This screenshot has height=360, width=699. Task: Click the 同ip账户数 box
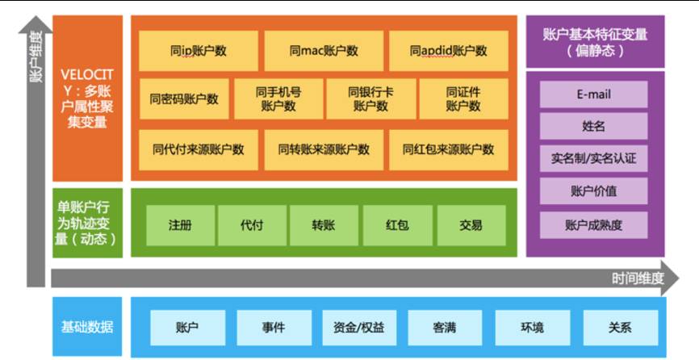[199, 51]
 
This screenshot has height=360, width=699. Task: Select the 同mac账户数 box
[324, 51]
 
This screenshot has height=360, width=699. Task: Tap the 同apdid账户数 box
[449, 51]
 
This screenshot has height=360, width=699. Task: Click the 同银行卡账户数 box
[370, 99]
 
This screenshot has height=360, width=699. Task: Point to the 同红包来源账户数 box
[449, 149]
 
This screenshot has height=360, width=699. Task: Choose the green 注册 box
[181, 225]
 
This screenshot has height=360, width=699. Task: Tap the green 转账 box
[324, 225]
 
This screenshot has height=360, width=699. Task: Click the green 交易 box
[471, 225]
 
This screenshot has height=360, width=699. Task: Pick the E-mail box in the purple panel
[594, 94]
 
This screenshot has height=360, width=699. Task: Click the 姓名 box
[594, 127]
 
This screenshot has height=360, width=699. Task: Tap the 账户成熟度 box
[594, 225]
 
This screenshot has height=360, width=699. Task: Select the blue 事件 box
[274, 328]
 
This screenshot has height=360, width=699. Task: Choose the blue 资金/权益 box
[359, 328]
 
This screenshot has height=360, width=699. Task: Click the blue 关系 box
[620, 328]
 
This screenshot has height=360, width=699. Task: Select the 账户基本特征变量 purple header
[596, 42]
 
